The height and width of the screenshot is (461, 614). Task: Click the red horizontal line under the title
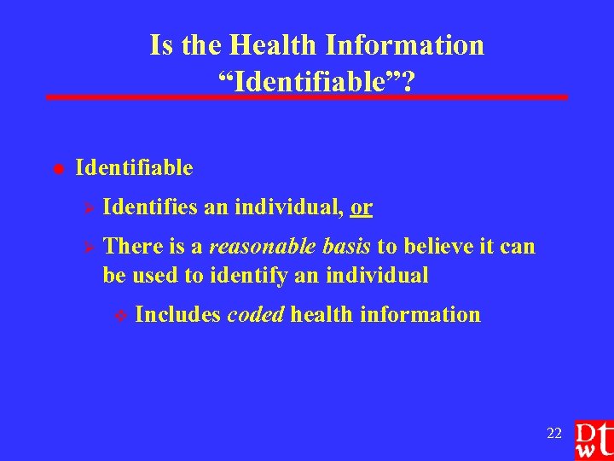click(x=307, y=97)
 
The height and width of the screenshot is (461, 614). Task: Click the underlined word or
click(x=361, y=207)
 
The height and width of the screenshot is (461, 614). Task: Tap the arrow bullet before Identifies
click(x=84, y=207)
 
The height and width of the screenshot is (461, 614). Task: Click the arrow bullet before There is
click(x=84, y=247)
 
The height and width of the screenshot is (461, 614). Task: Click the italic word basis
click(x=345, y=247)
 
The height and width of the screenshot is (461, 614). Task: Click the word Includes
click(x=178, y=314)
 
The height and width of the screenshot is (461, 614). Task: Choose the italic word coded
click(x=255, y=314)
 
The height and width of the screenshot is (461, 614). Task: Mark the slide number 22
click(x=554, y=434)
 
